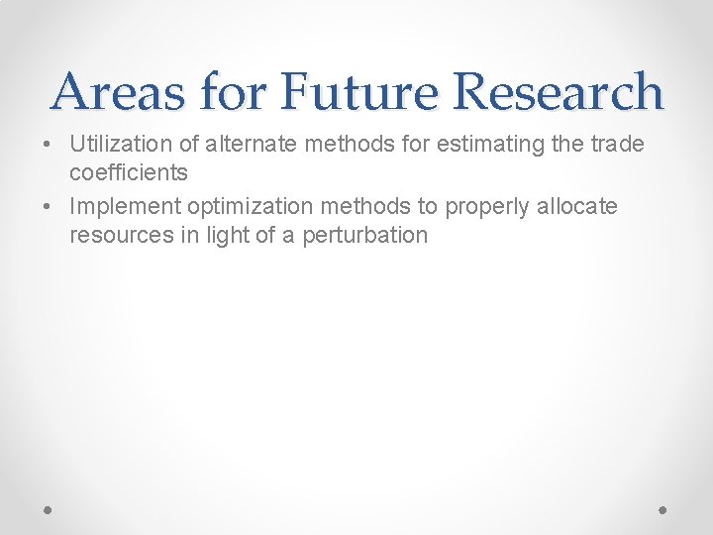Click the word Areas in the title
(x=119, y=92)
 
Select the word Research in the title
(x=558, y=92)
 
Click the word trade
(x=617, y=145)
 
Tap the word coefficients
(x=129, y=172)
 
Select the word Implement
(x=119, y=206)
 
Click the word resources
(x=116, y=235)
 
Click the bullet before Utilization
(x=49, y=146)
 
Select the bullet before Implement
(x=49, y=207)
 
